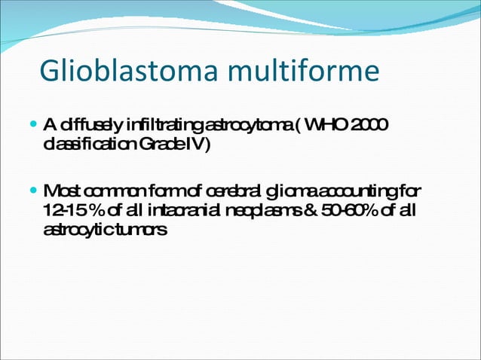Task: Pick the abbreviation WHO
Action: tap(328, 124)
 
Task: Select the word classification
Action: tap(84, 144)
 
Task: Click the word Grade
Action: tap(154, 144)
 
